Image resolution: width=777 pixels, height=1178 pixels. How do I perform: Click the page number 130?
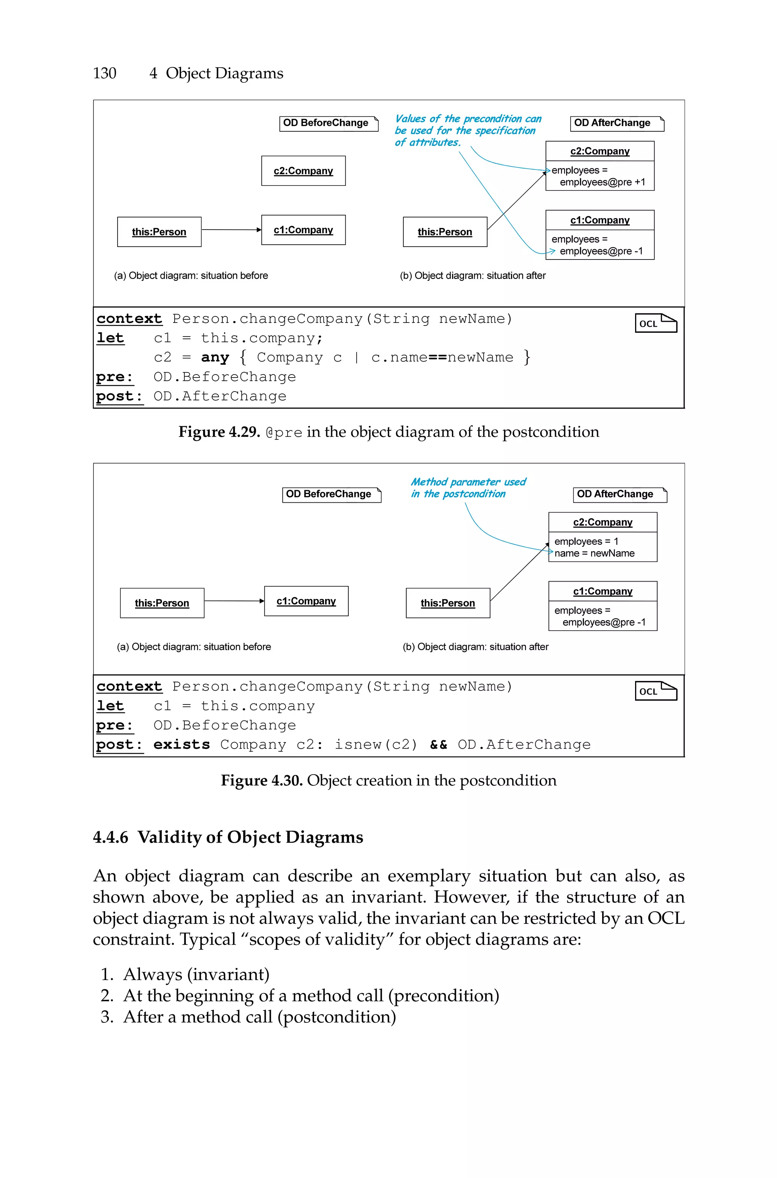pyautogui.click(x=105, y=73)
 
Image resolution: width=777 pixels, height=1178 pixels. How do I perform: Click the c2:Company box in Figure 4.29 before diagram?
pyautogui.click(x=303, y=171)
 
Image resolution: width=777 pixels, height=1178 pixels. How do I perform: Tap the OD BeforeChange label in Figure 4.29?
pyautogui.click(x=326, y=123)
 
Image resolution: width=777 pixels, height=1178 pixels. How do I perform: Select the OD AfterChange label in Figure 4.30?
pyautogui.click(x=615, y=494)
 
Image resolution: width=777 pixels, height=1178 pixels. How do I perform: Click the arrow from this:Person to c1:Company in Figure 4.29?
pyautogui.click(x=231, y=230)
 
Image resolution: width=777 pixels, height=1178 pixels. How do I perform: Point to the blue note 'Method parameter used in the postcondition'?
pyautogui.click(x=468, y=488)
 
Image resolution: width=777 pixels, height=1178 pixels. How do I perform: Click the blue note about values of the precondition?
pyautogui.click(x=467, y=130)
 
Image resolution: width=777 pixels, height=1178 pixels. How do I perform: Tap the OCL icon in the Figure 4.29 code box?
pyautogui.click(x=655, y=324)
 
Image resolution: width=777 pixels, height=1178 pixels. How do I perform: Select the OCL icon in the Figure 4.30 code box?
pyautogui.click(x=655, y=691)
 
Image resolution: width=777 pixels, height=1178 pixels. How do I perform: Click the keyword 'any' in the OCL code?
pyautogui.click(x=215, y=358)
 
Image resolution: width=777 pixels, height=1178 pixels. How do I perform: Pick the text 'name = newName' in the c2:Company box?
pyautogui.click(x=594, y=553)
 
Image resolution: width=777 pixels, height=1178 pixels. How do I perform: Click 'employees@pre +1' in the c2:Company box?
pyautogui.click(x=602, y=182)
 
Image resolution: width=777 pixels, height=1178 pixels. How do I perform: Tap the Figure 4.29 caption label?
pyautogui.click(x=219, y=432)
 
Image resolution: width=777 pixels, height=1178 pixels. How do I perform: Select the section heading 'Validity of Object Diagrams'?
pyautogui.click(x=250, y=837)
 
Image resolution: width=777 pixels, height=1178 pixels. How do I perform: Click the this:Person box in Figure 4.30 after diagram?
pyautogui.click(x=447, y=603)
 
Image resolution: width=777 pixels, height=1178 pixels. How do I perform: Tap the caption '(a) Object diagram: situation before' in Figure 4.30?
pyautogui.click(x=194, y=646)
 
